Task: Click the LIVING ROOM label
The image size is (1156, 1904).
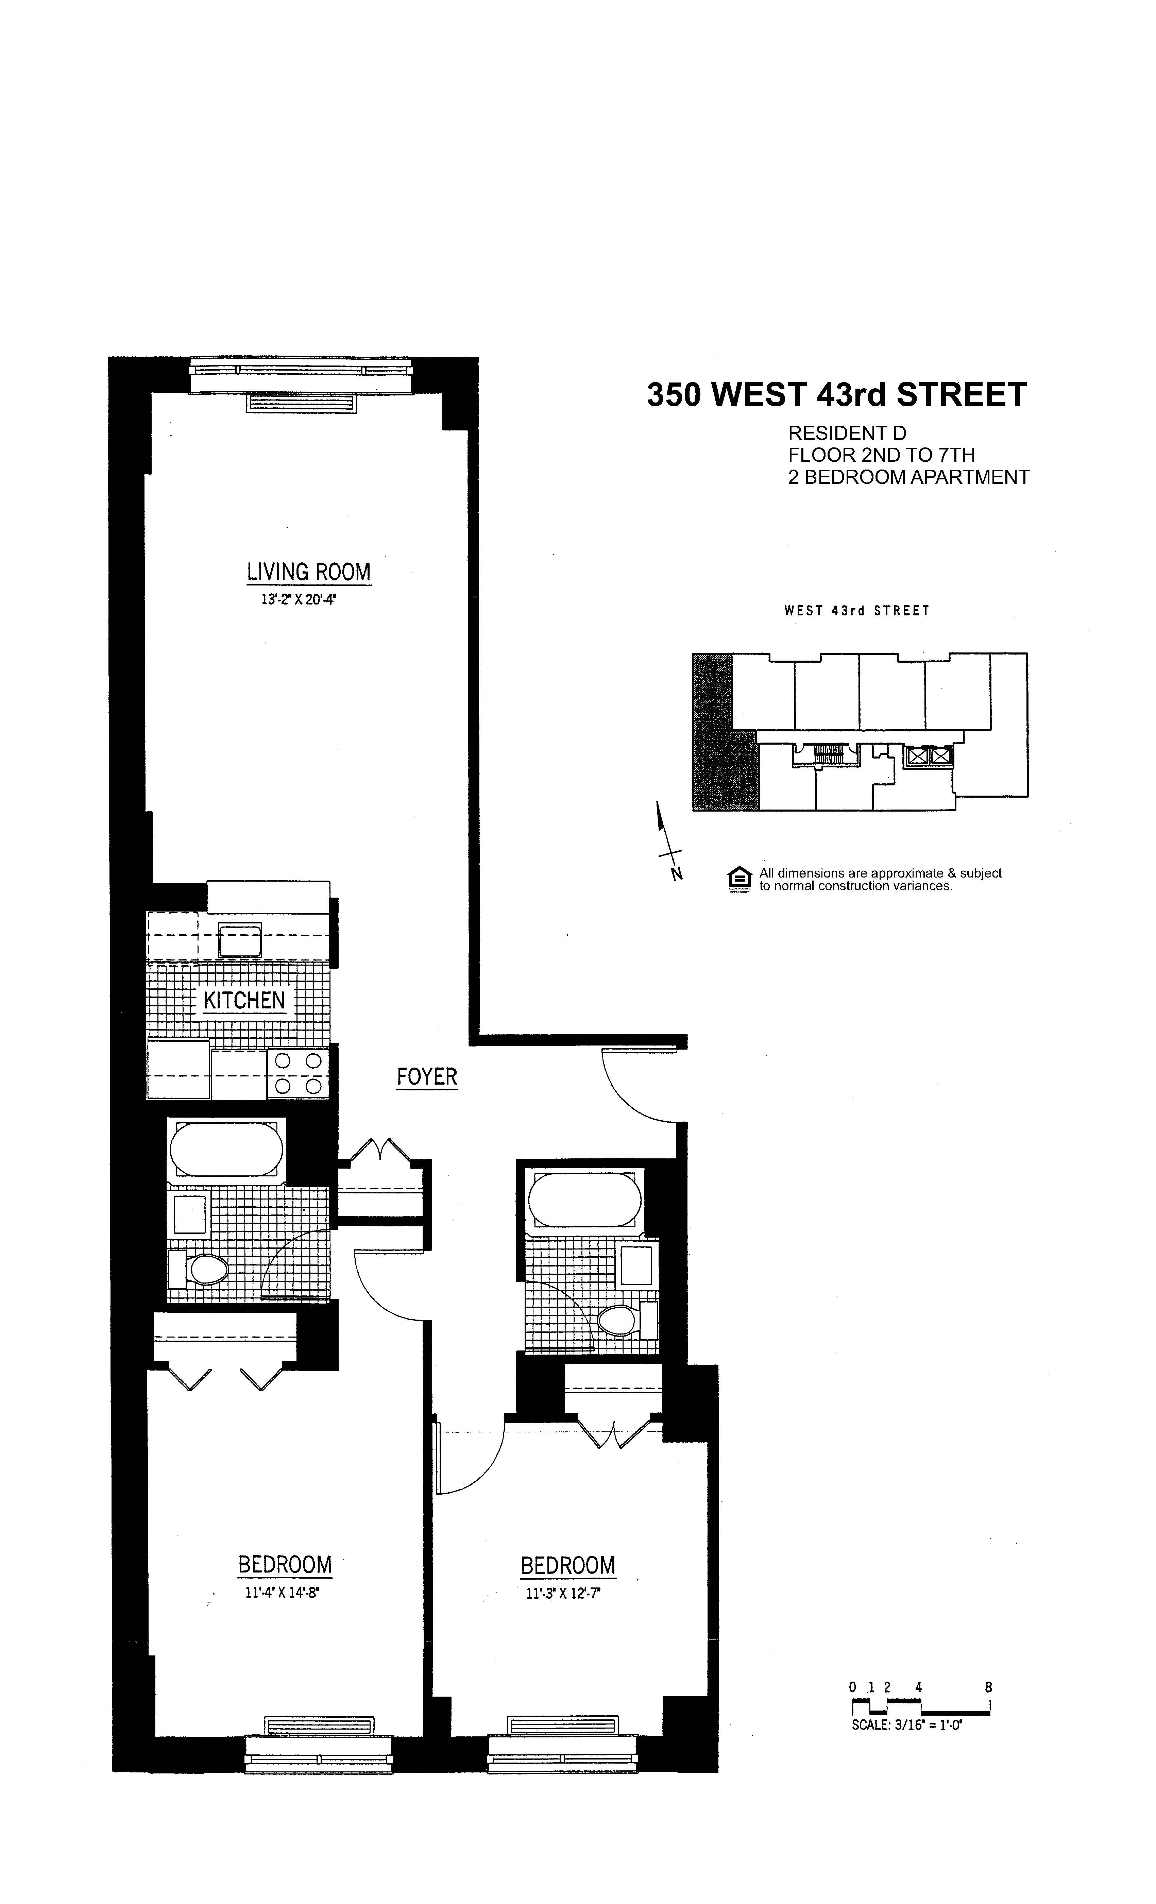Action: [308, 573]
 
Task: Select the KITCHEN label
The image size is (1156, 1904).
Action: [244, 1001]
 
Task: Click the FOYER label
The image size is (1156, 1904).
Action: [427, 1076]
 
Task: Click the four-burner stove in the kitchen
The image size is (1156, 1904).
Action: [297, 1074]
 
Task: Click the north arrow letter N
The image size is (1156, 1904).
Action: [677, 875]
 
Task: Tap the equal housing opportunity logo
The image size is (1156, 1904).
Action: [739, 879]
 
